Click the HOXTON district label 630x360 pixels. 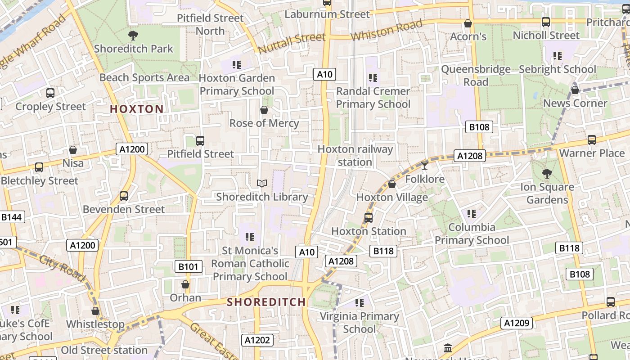[x=137, y=109]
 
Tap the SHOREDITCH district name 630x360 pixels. [x=266, y=302]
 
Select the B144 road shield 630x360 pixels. [x=11, y=217]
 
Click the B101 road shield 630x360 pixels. [x=188, y=267]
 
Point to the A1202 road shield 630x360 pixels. [x=257, y=340]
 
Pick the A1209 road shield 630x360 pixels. [x=517, y=323]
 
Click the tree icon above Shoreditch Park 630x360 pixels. [x=133, y=36]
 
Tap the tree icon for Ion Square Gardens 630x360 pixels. [x=547, y=173]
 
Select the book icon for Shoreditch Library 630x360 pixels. [x=262, y=183]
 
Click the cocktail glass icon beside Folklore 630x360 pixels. [x=424, y=166]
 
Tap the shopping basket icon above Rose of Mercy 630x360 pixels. [x=264, y=110]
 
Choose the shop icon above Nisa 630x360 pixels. [x=73, y=150]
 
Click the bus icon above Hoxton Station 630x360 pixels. [x=369, y=218]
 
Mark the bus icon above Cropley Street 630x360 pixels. [x=50, y=93]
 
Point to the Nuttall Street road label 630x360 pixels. [x=292, y=44]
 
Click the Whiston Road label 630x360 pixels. [x=387, y=30]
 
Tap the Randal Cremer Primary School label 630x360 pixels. [x=373, y=98]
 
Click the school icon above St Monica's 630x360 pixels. [x=250, y=237]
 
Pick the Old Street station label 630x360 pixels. [x=104, y=350]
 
